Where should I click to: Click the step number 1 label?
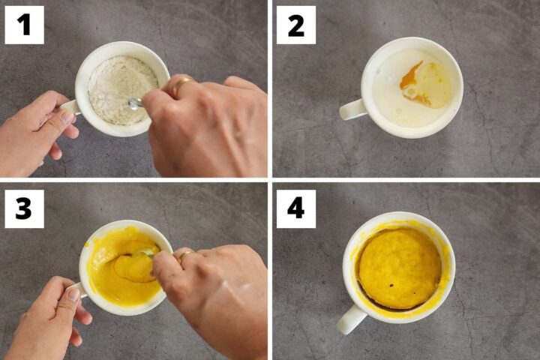(x=24, y=25)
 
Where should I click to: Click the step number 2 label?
(x=295, y=25)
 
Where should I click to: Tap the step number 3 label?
(x=24, y=208)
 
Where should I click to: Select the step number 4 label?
(x=295, y=208)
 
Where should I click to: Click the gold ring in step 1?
(x=182, y=84)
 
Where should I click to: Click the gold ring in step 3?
(x=185, y=256)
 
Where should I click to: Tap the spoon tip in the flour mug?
(x=135, y=103)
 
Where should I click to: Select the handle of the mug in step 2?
(x=352, y=110)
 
